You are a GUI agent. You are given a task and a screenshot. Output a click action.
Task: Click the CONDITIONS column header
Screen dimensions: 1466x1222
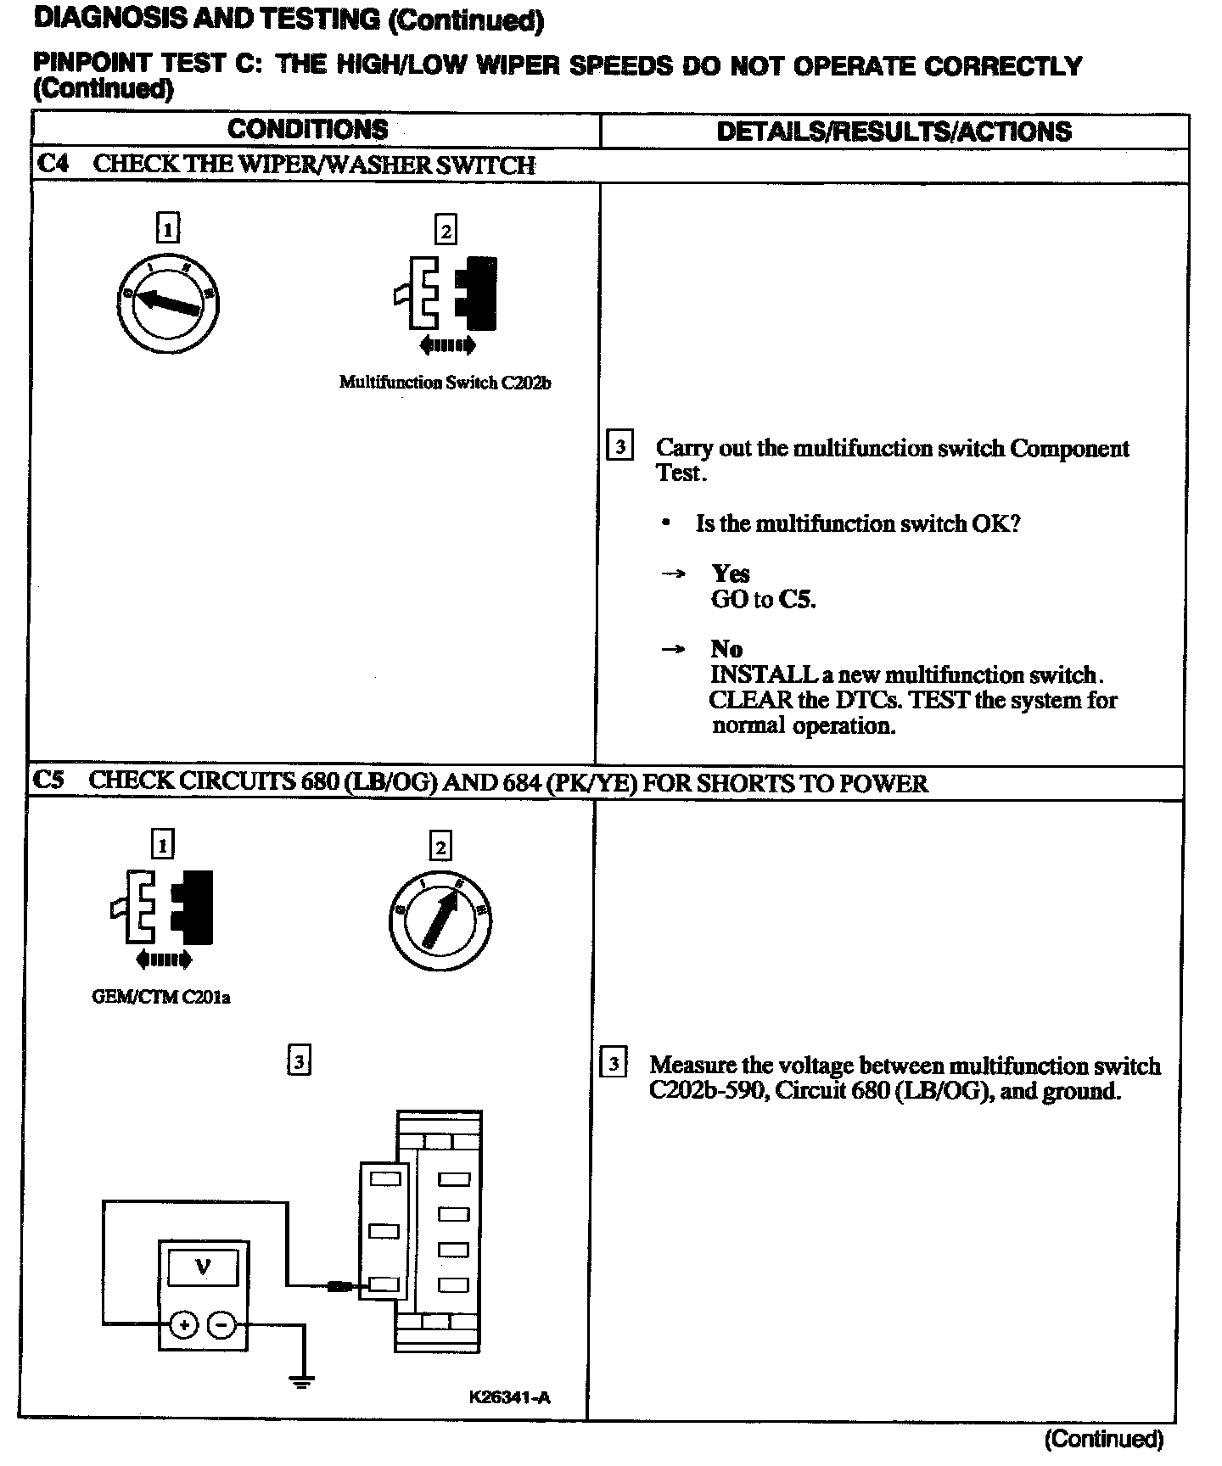pos(307,130)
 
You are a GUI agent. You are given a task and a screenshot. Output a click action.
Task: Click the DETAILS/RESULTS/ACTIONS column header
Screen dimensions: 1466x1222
pos(894,131)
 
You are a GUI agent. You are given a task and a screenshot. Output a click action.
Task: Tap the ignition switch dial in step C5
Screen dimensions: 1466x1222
pos(440,920)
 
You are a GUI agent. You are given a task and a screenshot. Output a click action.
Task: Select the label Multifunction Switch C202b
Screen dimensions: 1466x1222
pos(445,383)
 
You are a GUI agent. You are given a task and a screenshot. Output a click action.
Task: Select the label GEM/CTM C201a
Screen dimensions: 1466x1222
pos(160,997)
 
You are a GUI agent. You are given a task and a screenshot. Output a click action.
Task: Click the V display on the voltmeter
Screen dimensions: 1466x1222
pos(203,1267)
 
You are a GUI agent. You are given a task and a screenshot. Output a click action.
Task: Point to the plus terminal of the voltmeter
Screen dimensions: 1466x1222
pos(183,1324)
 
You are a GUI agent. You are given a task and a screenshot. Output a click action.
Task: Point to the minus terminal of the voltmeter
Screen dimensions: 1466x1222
pos(221,1324)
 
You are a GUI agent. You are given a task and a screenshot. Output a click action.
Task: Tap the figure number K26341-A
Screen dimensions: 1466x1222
pos(509,1397)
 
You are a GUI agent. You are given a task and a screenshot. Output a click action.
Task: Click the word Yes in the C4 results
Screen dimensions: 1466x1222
pos(730,574)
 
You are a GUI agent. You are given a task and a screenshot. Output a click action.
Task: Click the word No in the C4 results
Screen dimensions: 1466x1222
pos(726,649)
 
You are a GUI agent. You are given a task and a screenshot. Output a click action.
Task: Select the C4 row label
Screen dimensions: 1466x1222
pos(52,164)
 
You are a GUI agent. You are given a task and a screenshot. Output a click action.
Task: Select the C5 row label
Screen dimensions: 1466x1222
pos(50,781)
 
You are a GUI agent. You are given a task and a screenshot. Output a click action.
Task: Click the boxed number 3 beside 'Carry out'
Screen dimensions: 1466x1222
pos(620,446)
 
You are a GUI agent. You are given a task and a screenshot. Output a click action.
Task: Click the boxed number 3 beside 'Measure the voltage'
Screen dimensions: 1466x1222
pos(614,1063)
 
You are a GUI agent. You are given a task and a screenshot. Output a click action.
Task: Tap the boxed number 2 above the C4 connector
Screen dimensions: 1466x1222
pos(446,230)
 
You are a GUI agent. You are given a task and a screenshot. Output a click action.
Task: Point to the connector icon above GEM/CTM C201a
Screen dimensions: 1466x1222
pos(162,908)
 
